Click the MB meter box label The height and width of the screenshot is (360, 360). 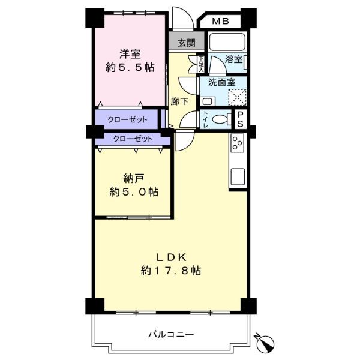[220, 22]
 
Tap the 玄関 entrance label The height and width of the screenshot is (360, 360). [187, 43]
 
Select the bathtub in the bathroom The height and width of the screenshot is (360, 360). [227, 42]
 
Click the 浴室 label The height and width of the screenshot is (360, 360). [233, 59]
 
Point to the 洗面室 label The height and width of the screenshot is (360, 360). [222, 82]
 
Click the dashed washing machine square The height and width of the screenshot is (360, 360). [237, 97]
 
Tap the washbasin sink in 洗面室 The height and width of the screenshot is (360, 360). [208, 101]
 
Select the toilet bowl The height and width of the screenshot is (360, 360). [221, 119]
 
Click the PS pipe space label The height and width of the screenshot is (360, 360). [240, 119]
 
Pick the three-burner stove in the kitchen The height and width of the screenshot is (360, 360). [238, 143]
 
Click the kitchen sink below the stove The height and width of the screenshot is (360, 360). [238, 176]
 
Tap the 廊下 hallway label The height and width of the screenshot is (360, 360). [179, 101]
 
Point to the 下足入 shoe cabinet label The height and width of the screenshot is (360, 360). [201, 64]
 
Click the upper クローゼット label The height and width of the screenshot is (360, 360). [127, 119]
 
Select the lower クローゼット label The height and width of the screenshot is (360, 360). [133, 139]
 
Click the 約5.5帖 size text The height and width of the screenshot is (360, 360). [130, 67]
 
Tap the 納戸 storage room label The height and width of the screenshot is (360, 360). [134, 178]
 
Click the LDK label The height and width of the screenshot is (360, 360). [171, 257]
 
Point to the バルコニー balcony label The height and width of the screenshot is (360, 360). [171, 334]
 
